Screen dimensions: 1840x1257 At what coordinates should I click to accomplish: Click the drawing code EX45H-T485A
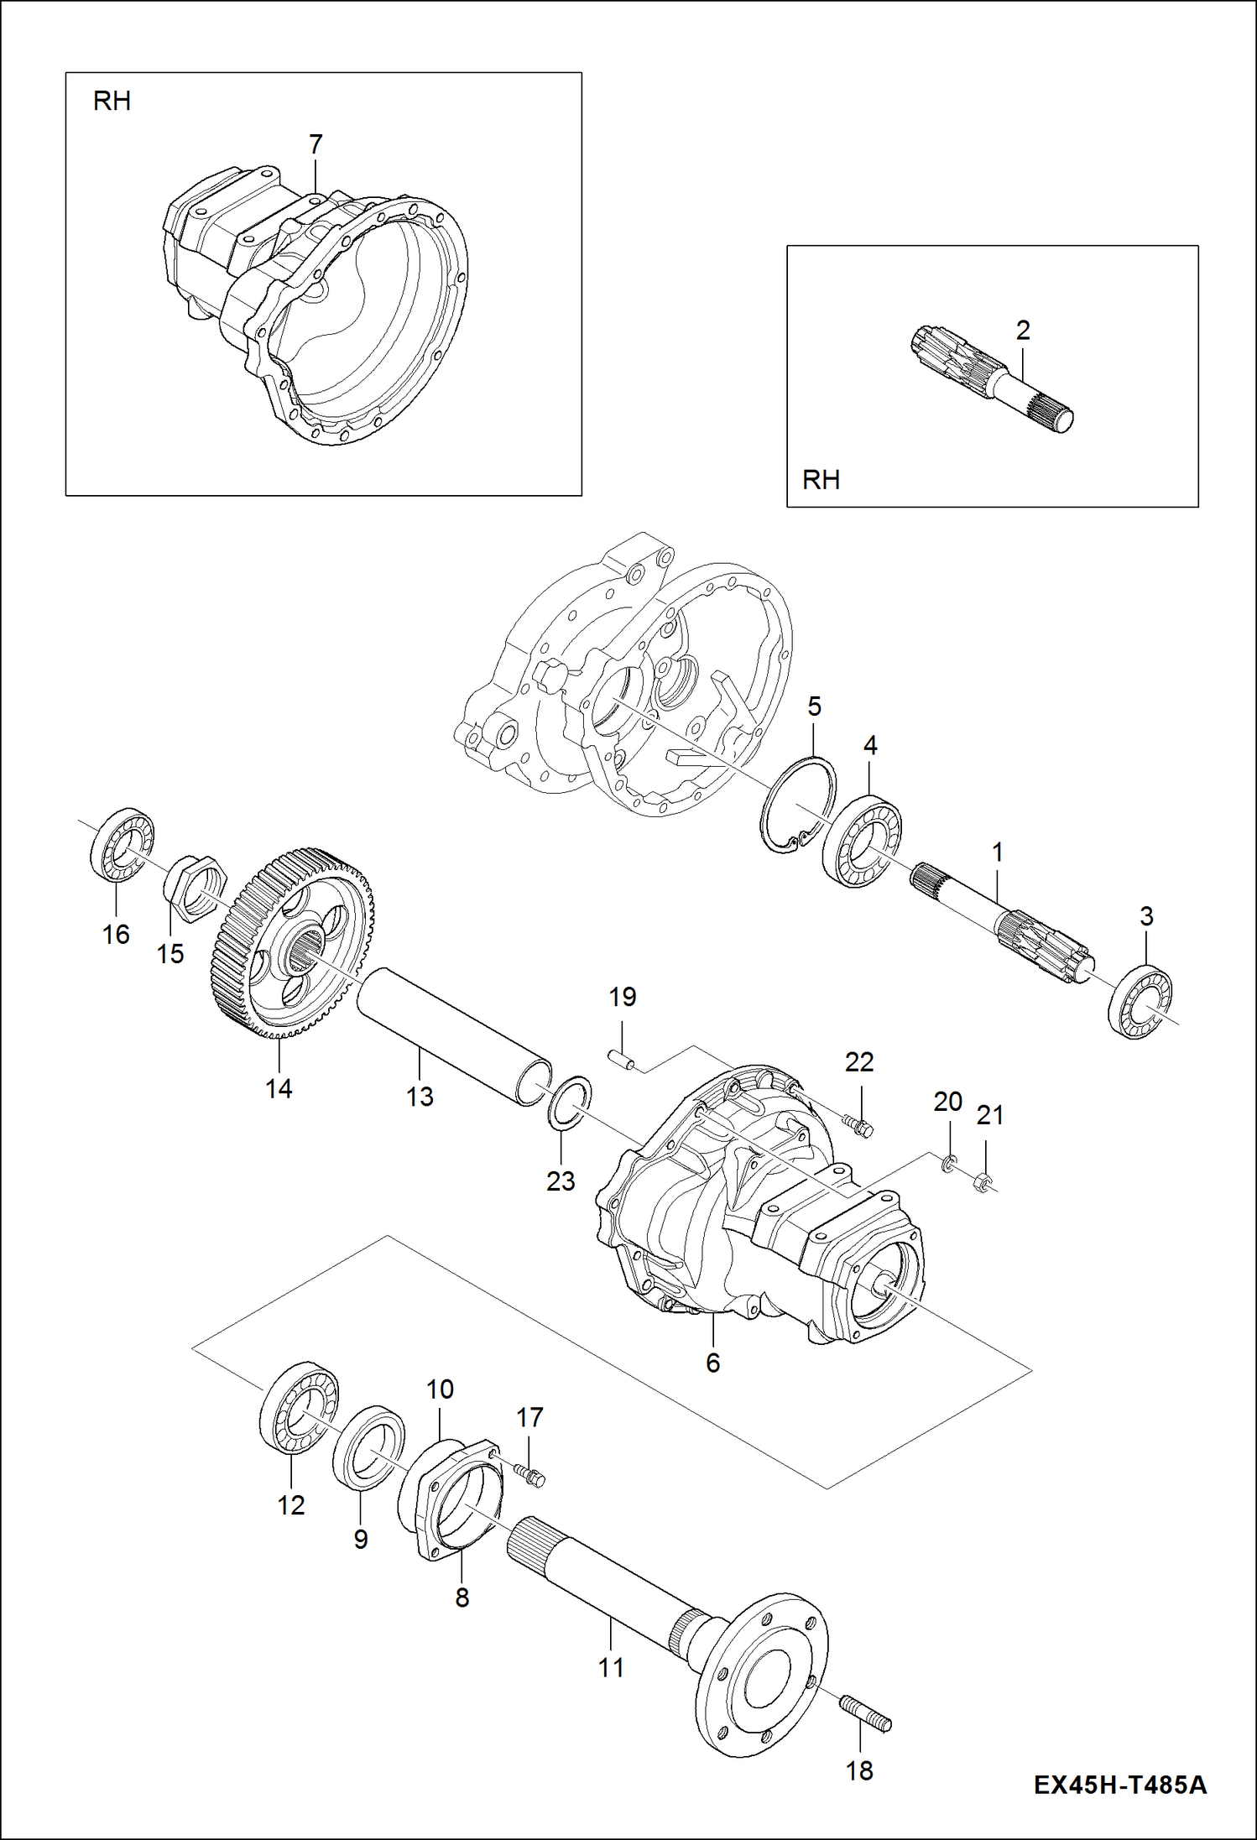pyautogui.click(x=1119, y=1783)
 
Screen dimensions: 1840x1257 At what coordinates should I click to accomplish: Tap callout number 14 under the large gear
pyautogui.click(x=279, y=1088)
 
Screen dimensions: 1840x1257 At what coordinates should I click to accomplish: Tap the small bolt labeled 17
pyautogui.click(x=529, y=1474)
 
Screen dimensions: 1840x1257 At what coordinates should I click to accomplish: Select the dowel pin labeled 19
pyautogui.click(x=622, y=1061)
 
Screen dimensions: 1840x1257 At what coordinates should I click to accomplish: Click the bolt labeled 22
pyautogui.click(x=860, y=1125)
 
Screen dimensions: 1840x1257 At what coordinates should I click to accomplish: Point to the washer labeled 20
pyautogui.click(x=948, y=1163)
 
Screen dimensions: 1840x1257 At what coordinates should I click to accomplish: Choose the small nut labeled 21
pyautogui.click(x=983, y=1184)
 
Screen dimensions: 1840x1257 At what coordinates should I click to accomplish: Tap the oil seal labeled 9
pyautogui.click(x=368, y=1446)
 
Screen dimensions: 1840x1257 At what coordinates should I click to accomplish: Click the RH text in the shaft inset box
pyautogui.click(x=821, y=479)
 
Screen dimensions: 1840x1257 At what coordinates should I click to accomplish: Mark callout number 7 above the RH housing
pyautogui.click(x=316, y=144)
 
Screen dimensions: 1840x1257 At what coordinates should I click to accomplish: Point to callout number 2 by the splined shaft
pyautogui.click(x=1022, y=330)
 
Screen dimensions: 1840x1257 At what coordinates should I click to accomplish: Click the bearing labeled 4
pyautogui.click(x=863, y=841)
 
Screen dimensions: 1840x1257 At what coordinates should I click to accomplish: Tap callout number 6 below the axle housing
pyautogui.click(x=712, y=1363)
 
